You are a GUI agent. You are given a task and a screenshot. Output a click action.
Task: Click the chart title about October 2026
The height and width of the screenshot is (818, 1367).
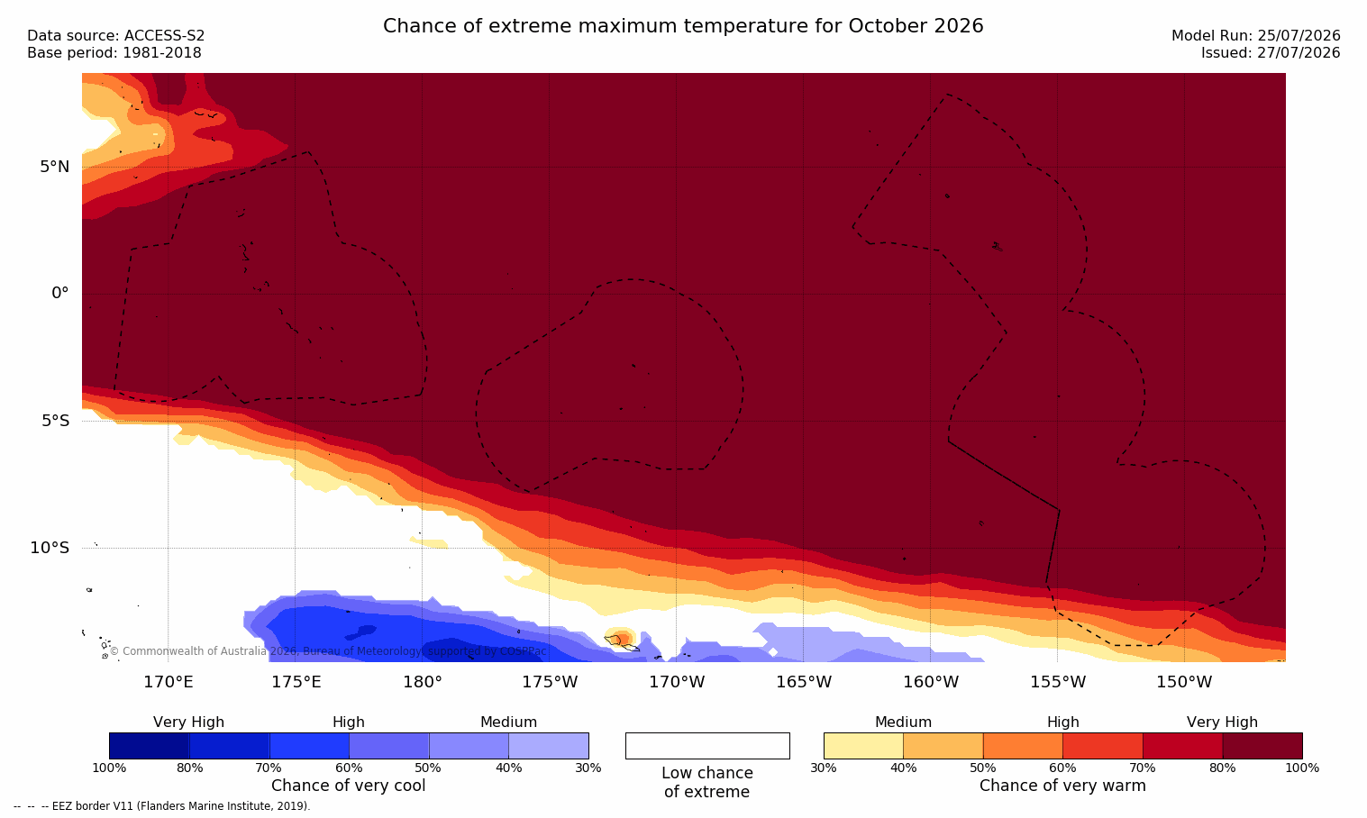point(683,26)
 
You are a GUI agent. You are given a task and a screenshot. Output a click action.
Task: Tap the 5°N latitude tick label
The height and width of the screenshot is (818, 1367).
point(54,167)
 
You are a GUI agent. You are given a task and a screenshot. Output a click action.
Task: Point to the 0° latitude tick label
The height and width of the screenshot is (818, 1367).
point(59,294)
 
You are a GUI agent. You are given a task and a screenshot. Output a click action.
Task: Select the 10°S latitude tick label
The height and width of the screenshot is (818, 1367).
point(50,548)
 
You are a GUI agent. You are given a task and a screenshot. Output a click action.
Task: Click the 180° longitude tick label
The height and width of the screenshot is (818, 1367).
point(423,682)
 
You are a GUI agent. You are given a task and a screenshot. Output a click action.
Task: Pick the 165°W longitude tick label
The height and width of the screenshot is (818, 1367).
point(804,682)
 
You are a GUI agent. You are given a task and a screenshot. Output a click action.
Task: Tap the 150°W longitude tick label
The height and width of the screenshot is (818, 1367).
point(1185,682)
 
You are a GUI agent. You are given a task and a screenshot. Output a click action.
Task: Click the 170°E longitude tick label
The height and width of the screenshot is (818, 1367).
point(169,682)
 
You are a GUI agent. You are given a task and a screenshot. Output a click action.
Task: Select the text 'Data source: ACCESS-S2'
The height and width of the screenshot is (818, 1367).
point(116,36)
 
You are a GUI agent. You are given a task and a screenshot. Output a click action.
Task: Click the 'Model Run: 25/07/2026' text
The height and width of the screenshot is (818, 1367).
point(1256,36)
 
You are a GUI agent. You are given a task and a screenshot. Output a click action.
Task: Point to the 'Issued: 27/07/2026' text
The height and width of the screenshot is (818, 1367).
point(1271,53)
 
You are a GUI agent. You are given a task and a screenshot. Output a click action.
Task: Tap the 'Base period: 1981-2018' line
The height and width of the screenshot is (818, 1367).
point(114,53)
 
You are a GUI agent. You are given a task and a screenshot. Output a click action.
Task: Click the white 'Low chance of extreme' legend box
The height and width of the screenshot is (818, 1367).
point(707,746)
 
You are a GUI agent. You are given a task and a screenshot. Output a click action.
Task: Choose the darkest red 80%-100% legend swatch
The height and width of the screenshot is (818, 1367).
point(1262,746)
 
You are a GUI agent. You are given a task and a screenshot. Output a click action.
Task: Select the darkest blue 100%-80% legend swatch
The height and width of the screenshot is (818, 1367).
point(150,746)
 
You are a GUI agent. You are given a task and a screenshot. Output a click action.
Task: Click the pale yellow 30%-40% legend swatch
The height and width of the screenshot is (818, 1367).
point(863,746)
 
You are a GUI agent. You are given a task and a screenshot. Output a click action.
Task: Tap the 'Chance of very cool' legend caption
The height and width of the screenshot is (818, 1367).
point(349,786)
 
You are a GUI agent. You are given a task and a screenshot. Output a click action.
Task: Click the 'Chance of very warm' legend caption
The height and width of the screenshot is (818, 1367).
point(1062,786)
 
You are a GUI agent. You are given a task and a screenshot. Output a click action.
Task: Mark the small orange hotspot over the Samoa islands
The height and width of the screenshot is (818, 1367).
point(620,638)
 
